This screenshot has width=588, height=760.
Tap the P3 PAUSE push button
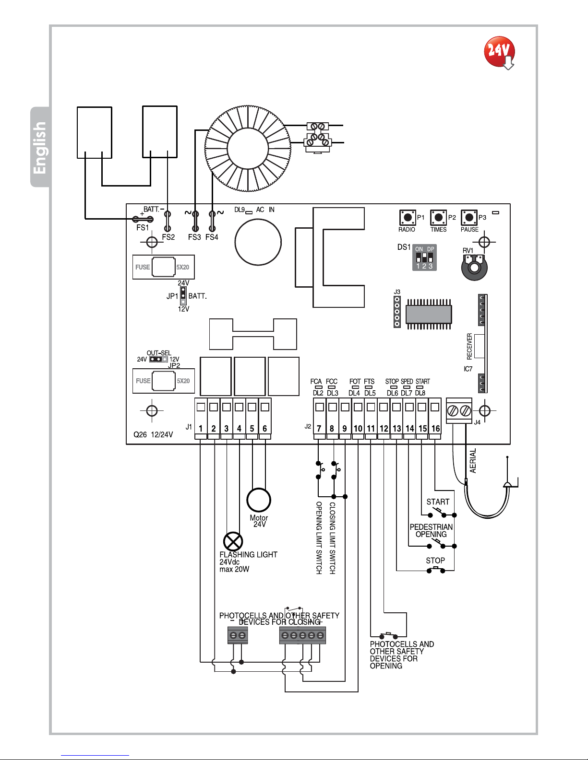tap(469, 217)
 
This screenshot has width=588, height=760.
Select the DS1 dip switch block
tap(424, 258)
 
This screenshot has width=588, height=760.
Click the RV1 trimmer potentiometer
tap(474, 267)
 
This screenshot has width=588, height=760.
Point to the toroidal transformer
tap(248, 147)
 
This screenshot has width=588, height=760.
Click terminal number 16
tap(435, 428)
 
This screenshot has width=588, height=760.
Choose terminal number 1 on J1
tap(201, 428)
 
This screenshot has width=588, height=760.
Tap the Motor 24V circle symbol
tap(259, 500)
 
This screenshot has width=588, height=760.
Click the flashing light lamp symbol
tap(233, 542)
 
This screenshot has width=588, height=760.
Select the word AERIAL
tap(473, 461)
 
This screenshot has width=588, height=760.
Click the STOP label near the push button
tap(435, 561)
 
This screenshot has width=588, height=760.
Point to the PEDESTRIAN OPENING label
tap(431, 531)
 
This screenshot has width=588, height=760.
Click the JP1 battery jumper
tap(183, 296)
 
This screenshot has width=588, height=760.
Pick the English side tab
tap(40, 147)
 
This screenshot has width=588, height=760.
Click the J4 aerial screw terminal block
tap(459, 411)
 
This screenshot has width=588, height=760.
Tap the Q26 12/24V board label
tap(153, 435)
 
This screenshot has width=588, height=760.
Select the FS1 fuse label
tap(143, 228)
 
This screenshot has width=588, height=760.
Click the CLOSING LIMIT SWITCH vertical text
tap(332, 538)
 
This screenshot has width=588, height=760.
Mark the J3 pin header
tap(397, 311)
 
